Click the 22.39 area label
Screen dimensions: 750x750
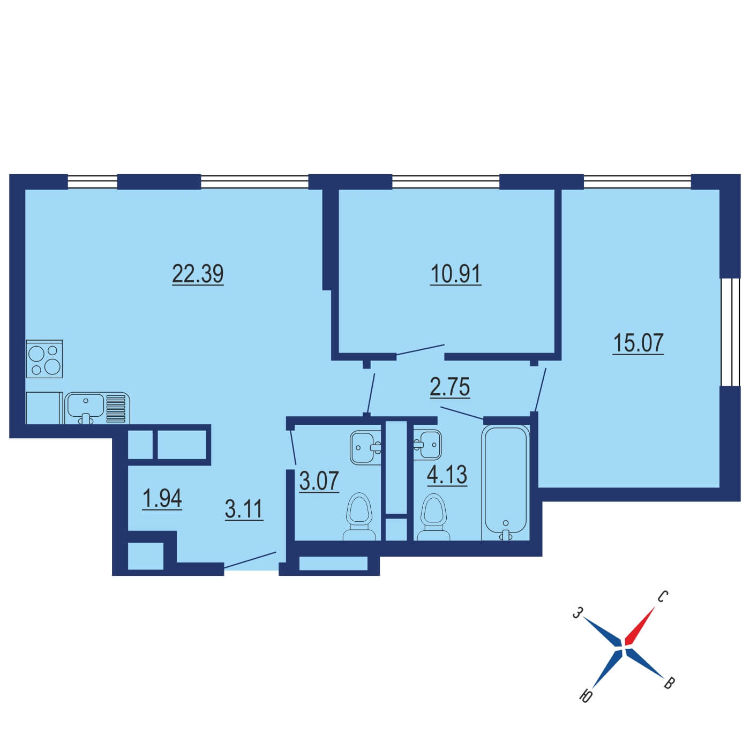[x=198, y=274]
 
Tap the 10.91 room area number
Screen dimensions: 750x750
[x=455, y=274]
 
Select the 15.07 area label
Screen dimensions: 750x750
[x=638, y=343]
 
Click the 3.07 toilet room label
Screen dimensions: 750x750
[x=319, y=481]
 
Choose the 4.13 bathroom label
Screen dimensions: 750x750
[x=447, y=475]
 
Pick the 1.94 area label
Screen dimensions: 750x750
[x=162, y=498]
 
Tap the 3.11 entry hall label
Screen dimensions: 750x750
[x=244, y=509]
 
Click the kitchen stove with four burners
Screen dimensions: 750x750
[x=44, y=358]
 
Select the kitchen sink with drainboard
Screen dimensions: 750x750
[x=97, y=408]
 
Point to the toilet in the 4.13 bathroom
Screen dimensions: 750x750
[x=433, y=517]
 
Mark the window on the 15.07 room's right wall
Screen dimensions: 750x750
[x=729, y=332]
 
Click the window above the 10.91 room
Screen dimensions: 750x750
[x=445, y=182]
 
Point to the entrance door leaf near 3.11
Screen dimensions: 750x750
[x=250, y=560]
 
